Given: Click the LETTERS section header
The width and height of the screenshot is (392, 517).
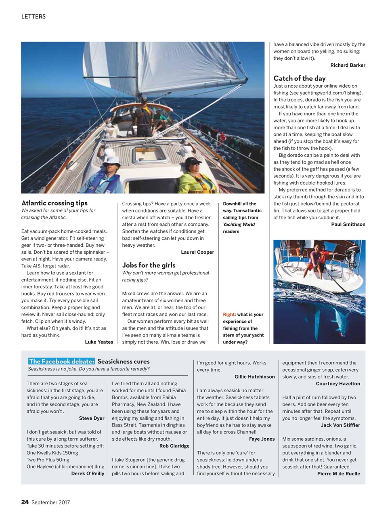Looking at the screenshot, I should coord(34,17).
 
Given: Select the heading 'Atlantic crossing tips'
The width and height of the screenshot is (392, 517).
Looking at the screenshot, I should coord(54,203).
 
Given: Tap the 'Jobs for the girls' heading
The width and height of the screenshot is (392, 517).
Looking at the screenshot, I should coord(149,265).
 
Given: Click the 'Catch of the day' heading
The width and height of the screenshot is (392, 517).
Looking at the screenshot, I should coord(299,78).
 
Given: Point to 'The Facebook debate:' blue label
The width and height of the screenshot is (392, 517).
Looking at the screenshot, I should coord(61,361).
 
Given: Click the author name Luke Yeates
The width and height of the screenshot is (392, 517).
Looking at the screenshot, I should coord(99,342).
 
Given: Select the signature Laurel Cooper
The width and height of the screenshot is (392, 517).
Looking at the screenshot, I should coord(197,252).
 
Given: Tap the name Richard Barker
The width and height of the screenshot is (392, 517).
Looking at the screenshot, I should coord(348,65).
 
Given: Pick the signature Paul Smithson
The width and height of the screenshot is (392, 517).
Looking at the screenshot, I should coord(348,224).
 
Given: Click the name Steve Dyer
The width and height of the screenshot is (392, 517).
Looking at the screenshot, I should coord(92,418).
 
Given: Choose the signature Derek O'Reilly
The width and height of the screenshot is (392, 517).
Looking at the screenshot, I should coord(88,473).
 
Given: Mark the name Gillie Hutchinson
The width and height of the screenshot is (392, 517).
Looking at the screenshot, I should coord(254,376).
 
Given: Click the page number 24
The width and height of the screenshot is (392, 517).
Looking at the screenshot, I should coord(25,502).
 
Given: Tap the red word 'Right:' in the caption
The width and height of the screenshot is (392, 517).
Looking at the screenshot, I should coord(229,314).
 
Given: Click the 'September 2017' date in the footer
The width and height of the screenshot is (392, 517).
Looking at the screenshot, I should coord(50,502).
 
